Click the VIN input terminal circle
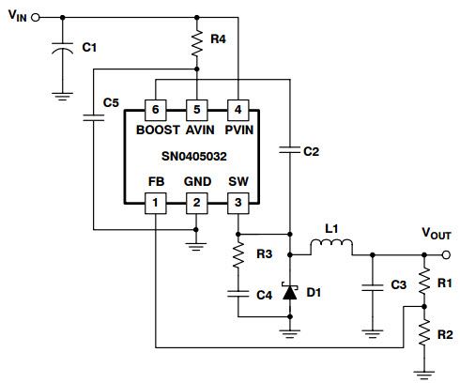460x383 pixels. coord(36,18)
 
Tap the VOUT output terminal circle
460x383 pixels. coord(446,255)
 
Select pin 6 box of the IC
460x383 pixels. coord(156,110)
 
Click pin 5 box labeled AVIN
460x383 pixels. coord(197,110)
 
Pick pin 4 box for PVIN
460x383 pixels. coord(238,110)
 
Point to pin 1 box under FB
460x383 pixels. coord(156,204)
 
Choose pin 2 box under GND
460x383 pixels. coord(197,204)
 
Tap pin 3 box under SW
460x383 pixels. coord(238,204)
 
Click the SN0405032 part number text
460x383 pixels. coord(194,156)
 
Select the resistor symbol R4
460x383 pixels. coord(197,43)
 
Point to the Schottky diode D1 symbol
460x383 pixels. coord(290,292)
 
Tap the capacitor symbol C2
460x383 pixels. coord(290,149)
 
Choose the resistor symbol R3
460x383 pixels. coord(238,255)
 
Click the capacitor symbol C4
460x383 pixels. coord(238,294)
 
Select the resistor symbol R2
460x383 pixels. coord(424,332)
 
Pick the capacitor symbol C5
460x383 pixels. coord(94,117)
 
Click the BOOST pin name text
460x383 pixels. coord(158,130)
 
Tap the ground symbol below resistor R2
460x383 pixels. coord(424,375)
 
